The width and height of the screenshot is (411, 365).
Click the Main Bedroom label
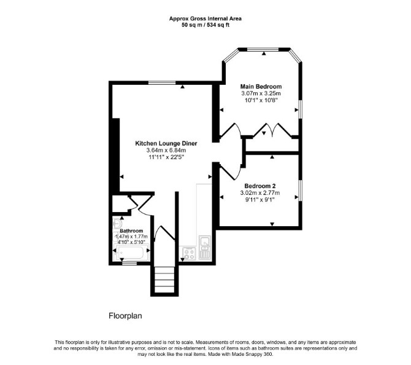click(261, 87)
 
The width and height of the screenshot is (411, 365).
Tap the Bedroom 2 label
click(260, 186)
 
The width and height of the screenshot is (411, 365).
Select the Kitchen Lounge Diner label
click(166, 143)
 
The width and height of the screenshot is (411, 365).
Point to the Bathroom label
click(131, 231)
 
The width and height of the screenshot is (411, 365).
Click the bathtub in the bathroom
click(131, 253)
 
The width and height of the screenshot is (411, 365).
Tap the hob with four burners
click(189, 254)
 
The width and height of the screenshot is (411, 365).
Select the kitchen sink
click(204, 243)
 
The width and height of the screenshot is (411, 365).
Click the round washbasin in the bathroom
click(117, 224)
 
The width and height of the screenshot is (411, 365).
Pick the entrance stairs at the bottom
click(164, 280)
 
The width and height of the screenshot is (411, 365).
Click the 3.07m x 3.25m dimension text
click(261, 93)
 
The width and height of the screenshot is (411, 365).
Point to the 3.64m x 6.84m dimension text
click(166, 151)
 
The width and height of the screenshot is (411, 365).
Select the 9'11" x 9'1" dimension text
click(260, 200)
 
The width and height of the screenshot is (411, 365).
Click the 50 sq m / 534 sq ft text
click(205, 25)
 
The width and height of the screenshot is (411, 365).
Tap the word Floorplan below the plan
click(125, 316)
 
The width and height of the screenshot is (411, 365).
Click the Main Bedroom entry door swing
click(231, 130)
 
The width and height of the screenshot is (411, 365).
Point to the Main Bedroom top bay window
click(263, 49)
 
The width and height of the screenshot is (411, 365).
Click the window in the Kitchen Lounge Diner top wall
click(162, 83)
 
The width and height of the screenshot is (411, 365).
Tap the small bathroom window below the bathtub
click(129, 263)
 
